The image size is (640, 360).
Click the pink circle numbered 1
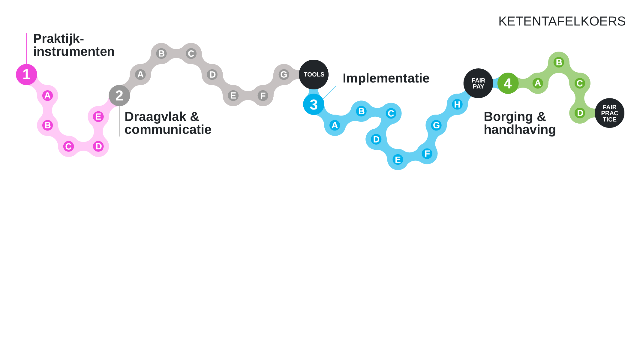point(26,74)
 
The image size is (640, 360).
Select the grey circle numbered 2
point(119,95)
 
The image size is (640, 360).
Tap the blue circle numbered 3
point(314,104)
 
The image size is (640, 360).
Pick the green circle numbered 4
point(508,83)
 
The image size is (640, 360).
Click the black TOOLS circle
point(314,74)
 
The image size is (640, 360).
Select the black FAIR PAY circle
point(478,83)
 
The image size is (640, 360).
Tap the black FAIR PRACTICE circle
point(609,113)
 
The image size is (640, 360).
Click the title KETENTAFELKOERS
point(562,21)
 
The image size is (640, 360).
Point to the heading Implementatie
point(386,78)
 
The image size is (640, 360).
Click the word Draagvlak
point(155,117)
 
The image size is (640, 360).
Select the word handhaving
point(520,130)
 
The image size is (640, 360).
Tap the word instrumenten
point(74,52)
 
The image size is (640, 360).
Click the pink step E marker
point(98,116)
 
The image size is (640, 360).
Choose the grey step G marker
point(284,74)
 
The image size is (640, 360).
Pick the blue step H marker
point(457,104)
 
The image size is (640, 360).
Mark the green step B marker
point(559,62)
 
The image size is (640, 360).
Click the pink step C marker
point(68,146)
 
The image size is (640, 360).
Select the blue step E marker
point(398,160)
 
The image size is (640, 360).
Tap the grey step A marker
point(140,74)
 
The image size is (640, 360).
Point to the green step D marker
point(580,113)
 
